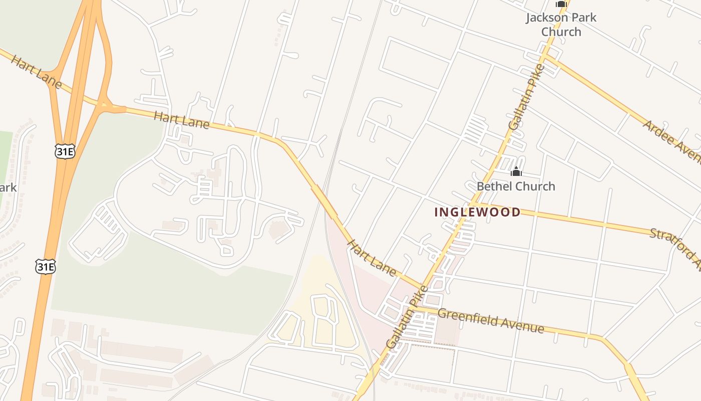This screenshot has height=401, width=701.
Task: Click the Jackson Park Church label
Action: tap(561, 25)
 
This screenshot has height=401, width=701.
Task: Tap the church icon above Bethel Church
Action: tap(516, 172)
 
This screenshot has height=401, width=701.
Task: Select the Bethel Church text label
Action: tap(516, 186)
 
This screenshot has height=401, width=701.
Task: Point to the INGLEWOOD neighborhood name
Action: tap(477, 212)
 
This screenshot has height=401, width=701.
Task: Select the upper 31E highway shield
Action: tap(65, 152)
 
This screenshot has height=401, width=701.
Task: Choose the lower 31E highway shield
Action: tap(45, 266)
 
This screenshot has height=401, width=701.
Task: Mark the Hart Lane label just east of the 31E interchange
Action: tap(181, 120)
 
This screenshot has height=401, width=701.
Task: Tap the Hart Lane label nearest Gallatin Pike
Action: tap(372, 258)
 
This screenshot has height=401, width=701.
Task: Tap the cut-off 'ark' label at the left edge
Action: tap(8, 188)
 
